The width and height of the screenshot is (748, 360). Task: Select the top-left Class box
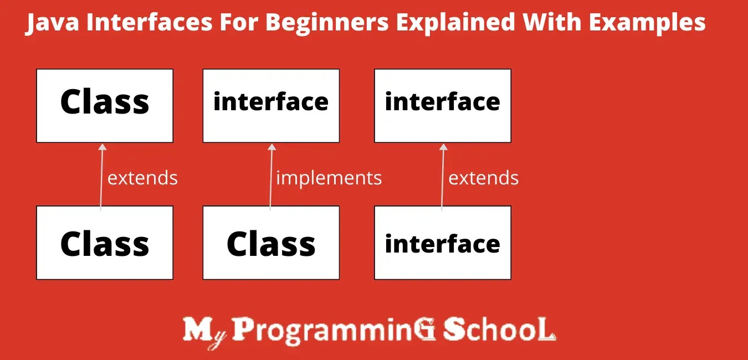[x=105, y=106]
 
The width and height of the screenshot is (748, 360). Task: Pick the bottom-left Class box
[x=105, y=243]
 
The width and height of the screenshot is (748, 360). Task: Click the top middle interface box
[x=271, y=106]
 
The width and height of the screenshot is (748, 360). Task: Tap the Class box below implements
[x=271, y=243]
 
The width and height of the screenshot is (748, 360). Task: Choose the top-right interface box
[x=443, y=106]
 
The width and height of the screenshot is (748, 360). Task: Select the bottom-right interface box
[x=443, y=243]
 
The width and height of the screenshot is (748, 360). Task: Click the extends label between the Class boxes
[x=142, y=178]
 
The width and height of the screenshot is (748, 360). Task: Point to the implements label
[x=329, y=178]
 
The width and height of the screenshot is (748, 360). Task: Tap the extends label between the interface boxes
[x=483, y=178]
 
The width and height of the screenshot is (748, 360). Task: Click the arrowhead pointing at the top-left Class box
[x=102, y=147]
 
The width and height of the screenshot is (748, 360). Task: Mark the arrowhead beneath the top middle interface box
[x=271, y=147]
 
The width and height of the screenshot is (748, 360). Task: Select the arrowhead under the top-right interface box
[x=443, y=147]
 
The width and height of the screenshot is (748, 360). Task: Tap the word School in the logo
[x=498, y=330]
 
